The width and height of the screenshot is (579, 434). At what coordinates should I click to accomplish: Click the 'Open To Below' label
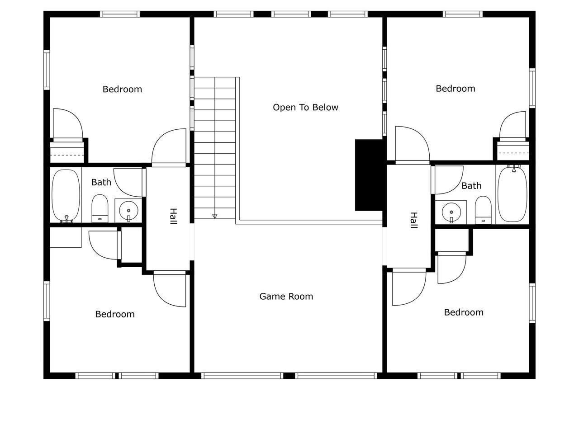[305, 107]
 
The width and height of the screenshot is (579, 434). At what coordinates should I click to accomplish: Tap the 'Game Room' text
[286, 297]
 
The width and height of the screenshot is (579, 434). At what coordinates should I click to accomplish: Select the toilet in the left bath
[100, 208]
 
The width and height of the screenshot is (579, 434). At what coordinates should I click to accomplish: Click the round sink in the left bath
[128, 210]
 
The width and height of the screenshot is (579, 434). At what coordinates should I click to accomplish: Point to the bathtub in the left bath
[66, 196]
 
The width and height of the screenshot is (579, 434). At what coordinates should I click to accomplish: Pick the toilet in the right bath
[483, 210]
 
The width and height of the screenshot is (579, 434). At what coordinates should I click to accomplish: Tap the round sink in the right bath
[451, 212]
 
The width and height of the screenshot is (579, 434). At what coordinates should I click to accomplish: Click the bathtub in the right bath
[512, 194]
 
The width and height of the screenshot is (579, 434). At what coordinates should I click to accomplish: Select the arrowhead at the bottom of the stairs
[215, 217]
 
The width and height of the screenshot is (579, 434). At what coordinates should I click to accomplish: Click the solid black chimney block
[369, 175]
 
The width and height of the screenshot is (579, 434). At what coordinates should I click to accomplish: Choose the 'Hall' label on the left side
[173, 216]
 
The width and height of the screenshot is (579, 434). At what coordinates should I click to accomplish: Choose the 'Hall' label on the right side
[413, 220]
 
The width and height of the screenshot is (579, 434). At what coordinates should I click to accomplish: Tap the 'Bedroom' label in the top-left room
[122, 90]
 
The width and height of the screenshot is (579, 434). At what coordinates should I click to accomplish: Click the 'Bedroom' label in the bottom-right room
[464, 312]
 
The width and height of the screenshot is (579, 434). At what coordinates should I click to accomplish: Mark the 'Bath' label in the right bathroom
[471, 186]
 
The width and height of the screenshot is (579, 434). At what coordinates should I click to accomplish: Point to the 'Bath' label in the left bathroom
[101, 182]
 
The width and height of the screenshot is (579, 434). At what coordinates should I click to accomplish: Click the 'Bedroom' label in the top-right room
[456, 89]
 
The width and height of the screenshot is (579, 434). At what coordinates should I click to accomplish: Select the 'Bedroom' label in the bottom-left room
[115, 314]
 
